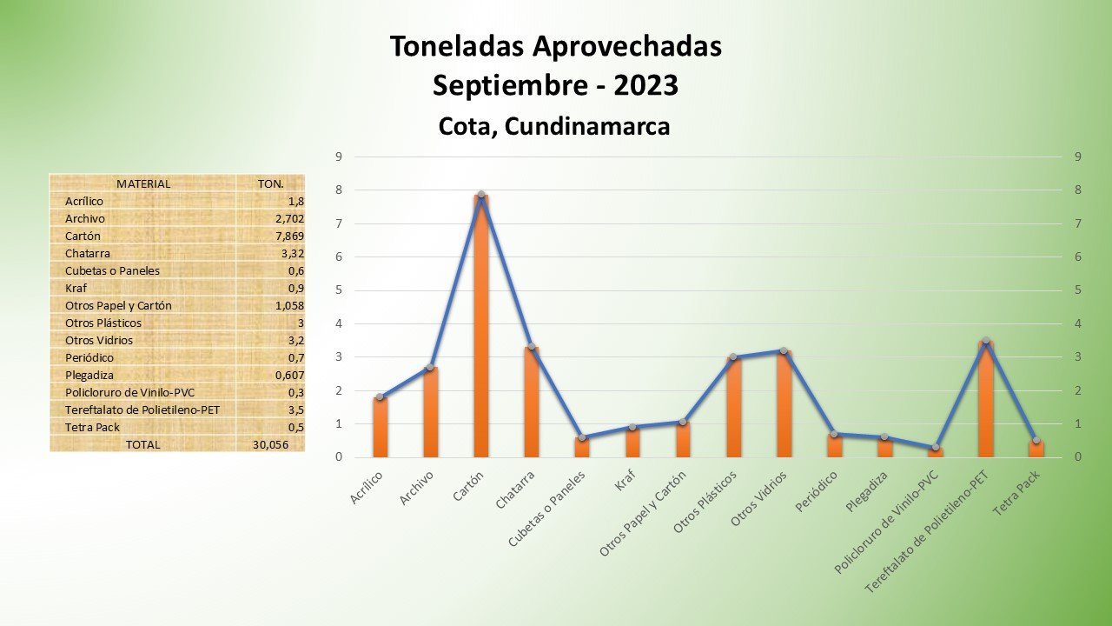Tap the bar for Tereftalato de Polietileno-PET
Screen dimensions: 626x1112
coord(985,399)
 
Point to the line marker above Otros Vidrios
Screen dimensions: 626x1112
coord(783,350)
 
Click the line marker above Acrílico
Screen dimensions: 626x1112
coord(380,396)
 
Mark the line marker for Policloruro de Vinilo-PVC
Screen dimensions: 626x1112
coord(935,448)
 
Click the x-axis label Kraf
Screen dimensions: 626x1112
coord(623,482)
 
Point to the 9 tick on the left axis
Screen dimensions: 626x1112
coord(338,156)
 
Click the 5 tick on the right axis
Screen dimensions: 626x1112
coord(1077,290)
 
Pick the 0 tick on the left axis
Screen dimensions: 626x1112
coord(338,457)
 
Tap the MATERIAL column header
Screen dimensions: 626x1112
coord(143,183)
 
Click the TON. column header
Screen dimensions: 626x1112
coord(270,183)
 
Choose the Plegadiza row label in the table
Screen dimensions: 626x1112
coord(89,375)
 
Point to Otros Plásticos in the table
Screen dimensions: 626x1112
coord(103,323)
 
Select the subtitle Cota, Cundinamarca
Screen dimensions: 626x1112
coord(554,127)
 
